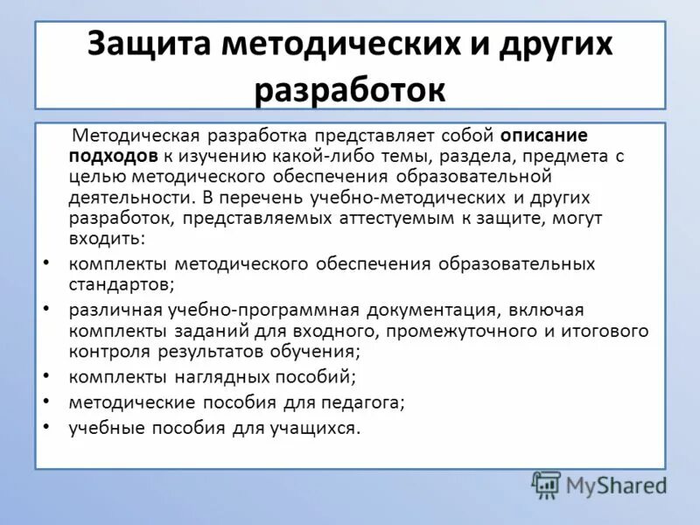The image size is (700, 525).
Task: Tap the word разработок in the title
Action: pyautogui.click(x=350, y=90)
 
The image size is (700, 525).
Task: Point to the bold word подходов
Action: pyautogui.click(x=114, y=157)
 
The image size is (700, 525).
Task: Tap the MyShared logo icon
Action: pyautogui.click(x=547, y=484)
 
